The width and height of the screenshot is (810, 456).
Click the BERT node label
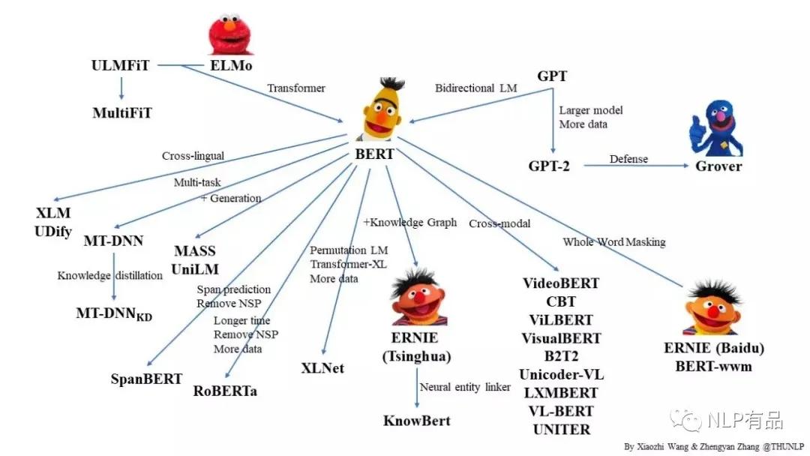[374, 153]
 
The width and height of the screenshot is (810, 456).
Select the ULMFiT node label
[121, 66]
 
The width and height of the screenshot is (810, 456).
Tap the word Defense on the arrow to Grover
[628, 159]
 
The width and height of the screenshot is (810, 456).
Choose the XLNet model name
[322, 367]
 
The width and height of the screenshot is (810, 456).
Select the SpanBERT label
[146, 379]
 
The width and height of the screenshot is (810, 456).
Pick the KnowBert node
[417, 420]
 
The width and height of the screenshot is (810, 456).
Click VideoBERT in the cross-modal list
[561, 283]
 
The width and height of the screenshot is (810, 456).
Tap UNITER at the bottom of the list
[561, 429]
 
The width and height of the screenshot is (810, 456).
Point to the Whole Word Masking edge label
[613, 241]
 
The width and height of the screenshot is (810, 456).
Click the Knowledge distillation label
[110, 275]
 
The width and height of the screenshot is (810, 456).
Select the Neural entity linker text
[465, 387]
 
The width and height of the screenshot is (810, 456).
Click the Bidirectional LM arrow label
[475, 88]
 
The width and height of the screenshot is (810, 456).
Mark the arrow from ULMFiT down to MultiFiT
[121, 89]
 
